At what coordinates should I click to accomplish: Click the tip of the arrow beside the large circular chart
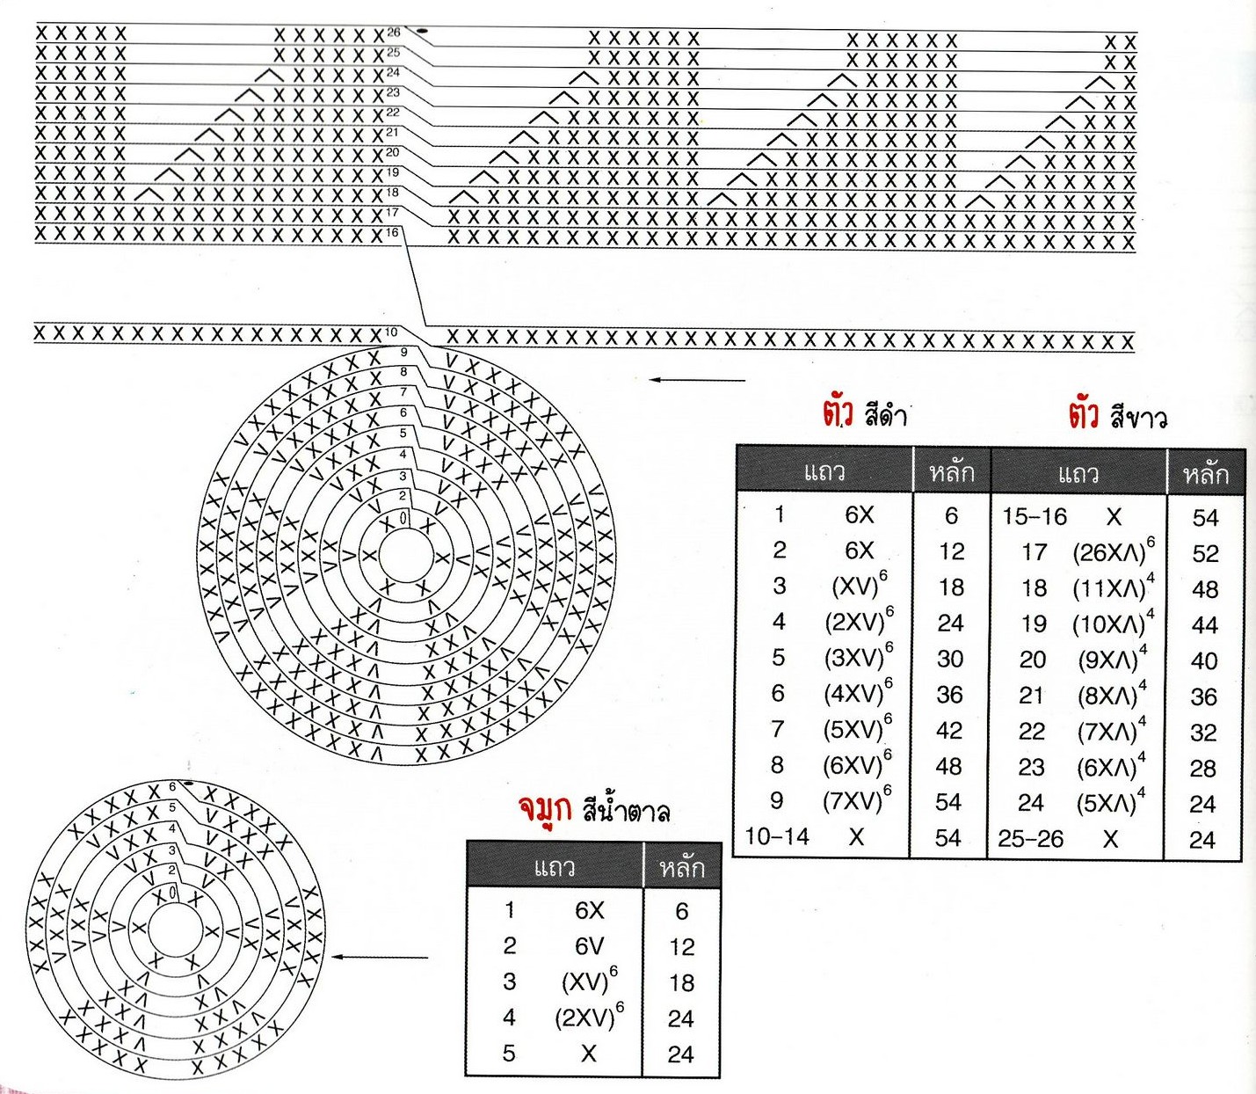[x=650, y=380]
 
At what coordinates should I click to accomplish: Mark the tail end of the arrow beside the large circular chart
[x=745, y=380]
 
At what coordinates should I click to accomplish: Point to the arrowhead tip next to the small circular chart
[x=332, y=957]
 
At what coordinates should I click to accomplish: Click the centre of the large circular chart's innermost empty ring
[x=404, y=555]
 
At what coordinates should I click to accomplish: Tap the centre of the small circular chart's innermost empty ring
[x=174, y=930]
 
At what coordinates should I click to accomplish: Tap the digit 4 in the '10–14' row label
[x=802, y=836]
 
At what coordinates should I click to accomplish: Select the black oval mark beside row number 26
[x=423, y=31]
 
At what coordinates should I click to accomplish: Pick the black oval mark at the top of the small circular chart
[x=189, y=784]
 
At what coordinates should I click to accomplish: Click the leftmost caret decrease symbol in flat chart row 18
[x=149, y=194]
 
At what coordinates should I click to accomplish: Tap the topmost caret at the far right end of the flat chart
[x=1100, y=83]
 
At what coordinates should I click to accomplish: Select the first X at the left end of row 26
[x=41, y=33]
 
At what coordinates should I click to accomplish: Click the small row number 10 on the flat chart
[x=391, y=332]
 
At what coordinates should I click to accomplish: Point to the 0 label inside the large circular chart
[x=403, y=519]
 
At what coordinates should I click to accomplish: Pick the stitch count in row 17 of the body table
[x=1205, y=553]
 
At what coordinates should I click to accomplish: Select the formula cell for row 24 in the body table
[x=1111, y=802]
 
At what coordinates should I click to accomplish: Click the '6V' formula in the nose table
[x=590, y=946]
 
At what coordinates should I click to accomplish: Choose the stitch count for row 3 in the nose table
[x=681, y=982]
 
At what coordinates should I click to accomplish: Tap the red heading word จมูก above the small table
[x=545, y=810]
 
